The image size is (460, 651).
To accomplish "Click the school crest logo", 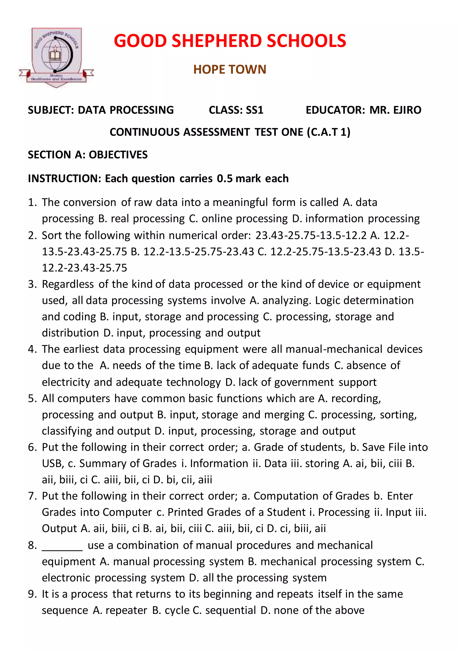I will pos(56,57).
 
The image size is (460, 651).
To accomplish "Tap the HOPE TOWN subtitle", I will pos(230,69).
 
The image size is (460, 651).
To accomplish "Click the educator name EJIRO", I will pos(407,110).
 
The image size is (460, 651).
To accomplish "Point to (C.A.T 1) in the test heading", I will pos(329,132).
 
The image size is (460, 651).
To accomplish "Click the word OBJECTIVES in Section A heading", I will pos(118,155).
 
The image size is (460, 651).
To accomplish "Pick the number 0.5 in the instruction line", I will pos(225,179).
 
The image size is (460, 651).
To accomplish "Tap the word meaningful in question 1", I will pos(240,203).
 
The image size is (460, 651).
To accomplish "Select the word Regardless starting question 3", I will pos(68,284).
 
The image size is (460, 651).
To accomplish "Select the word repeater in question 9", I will pos(126,610).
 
